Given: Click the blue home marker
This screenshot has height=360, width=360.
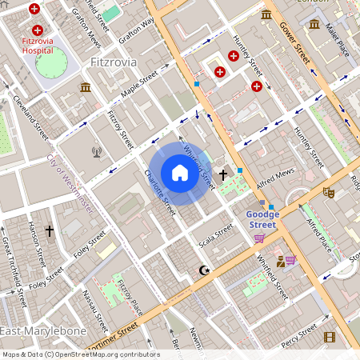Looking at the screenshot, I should [180, 173].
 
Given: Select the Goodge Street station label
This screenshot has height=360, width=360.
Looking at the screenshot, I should [262, 220].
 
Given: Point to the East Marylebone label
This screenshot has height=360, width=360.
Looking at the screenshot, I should [38, 331].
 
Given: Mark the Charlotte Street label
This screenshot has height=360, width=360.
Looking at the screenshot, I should [159, 192].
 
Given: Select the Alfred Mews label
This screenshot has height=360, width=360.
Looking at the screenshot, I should [277, 175].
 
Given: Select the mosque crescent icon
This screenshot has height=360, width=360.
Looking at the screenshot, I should [205, 270].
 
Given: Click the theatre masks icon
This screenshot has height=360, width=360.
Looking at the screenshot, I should [328, 192].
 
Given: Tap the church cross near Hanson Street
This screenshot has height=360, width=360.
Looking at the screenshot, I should [50, 231].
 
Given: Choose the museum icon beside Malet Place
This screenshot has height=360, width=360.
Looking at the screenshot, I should [314, 23].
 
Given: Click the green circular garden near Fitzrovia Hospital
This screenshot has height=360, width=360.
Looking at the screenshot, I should [52, 62].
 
